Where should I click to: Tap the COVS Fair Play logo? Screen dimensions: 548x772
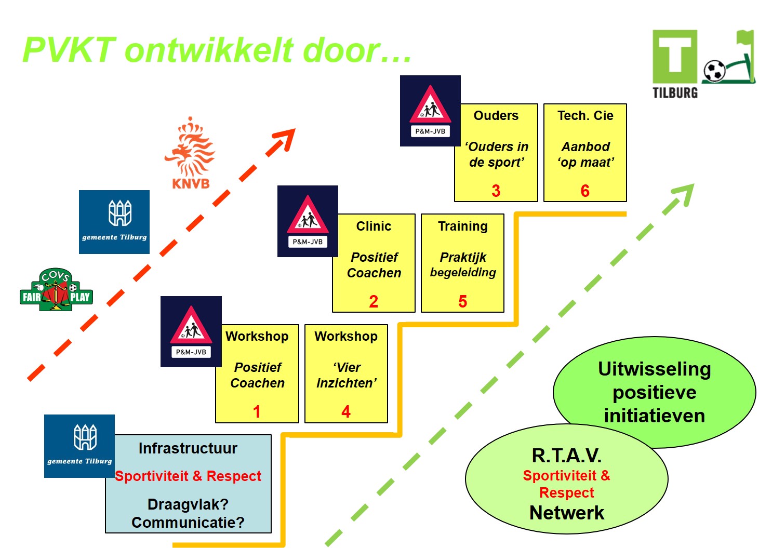coord(56,290)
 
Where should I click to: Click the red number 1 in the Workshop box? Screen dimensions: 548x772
coord(257,412)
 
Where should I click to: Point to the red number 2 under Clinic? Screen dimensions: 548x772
coord(374,302)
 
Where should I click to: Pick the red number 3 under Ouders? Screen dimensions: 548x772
coord(496,191)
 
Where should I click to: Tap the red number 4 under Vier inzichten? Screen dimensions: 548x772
coord(346,412)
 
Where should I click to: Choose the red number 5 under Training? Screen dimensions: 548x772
coord(463,302)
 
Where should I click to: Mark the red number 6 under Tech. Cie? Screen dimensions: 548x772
coord(585,191)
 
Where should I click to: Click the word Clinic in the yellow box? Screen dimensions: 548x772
coord(374,226)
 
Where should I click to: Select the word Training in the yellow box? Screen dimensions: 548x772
coord(463,226)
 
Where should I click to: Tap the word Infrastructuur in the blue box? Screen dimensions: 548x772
coord(188,448)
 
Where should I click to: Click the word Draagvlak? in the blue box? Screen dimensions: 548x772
coord(188,504)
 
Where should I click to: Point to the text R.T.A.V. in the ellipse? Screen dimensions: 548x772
coord(567,456)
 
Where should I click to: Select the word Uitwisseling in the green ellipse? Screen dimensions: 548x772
coord(655,369)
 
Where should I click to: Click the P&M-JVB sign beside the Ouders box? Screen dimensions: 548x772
coord(430,111)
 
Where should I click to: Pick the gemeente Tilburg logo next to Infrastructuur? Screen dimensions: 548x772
coord(79,446)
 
